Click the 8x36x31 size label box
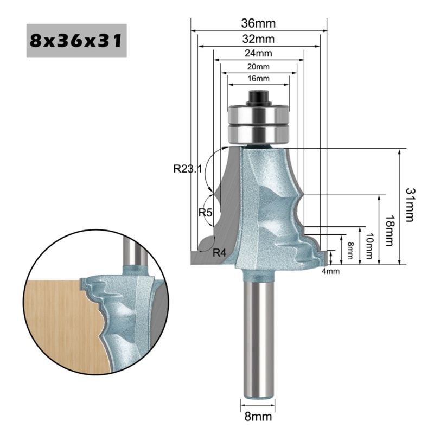coord(76,41)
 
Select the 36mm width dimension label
coord(259,23)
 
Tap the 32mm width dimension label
coord(259,39)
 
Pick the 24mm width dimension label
coord(259,53)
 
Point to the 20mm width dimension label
coord(259,67)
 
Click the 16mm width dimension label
coord(259,79)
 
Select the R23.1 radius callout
coord(187,169)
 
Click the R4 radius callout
coord(219,253)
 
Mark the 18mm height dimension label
coord(388,229)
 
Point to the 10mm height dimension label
coord(368,245)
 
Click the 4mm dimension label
coord(330,271)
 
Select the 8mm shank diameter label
coord(258,418)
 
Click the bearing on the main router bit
coord(259,123)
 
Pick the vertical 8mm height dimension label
coord(350,250)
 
